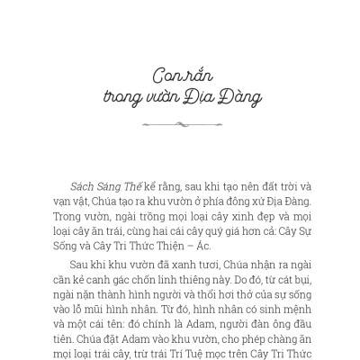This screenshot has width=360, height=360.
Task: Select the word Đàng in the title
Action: (x=241, y=94)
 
